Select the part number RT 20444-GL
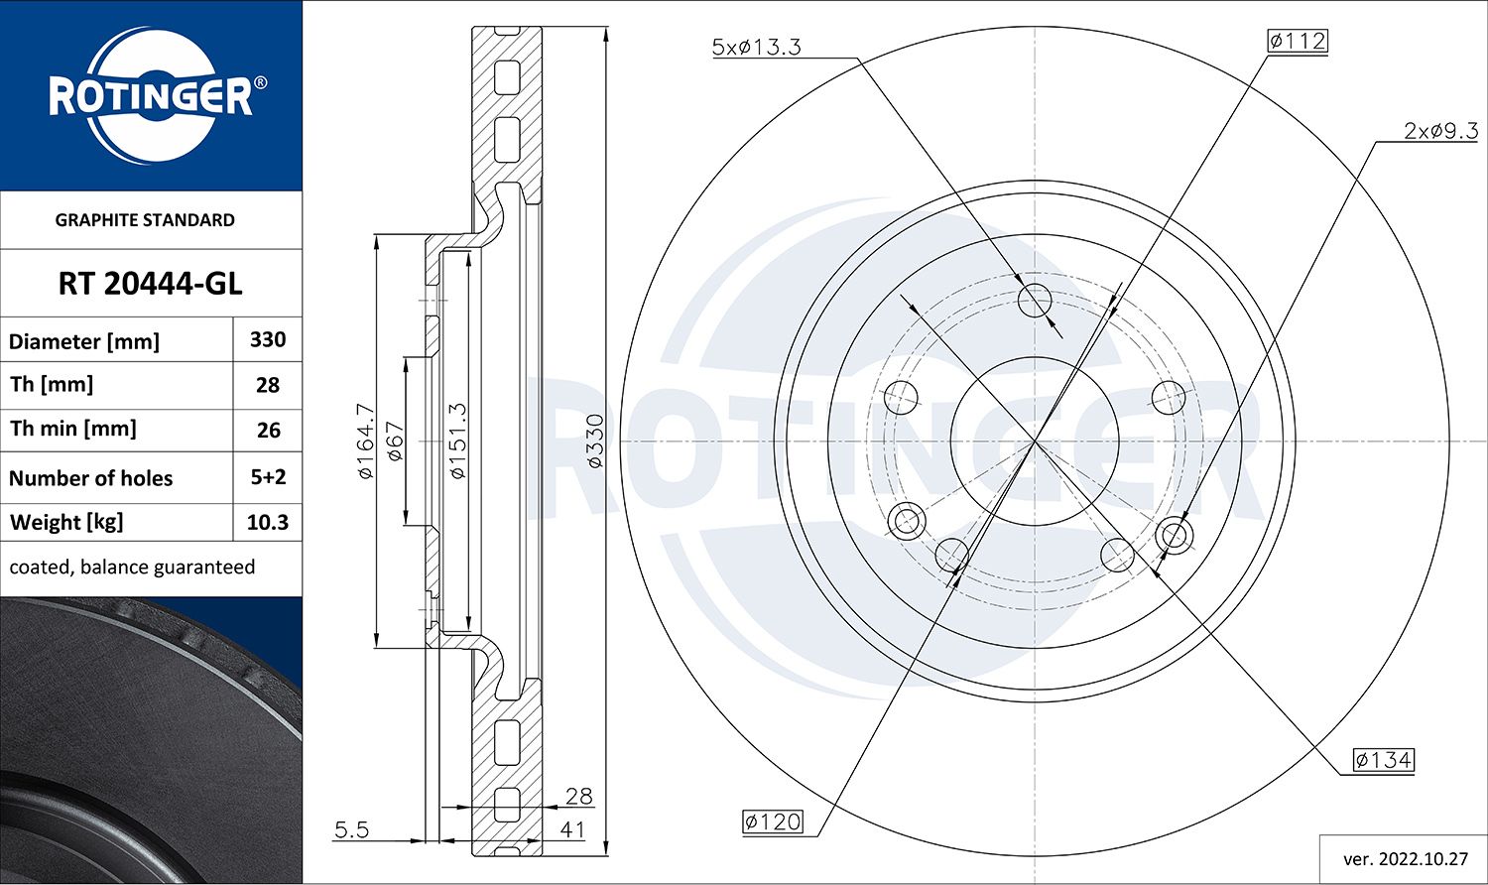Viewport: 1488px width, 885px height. pyautogui.click(x=150, y=284)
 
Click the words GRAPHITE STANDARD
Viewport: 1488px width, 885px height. pyautogui.click(x=145, y=220)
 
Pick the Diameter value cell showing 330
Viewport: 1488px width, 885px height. pyautogui.click(x=268, y=340)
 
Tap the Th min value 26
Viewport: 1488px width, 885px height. pyautogui.click(x=268, y=431)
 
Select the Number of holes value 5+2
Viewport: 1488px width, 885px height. pyautogui.click(x=268, y=477)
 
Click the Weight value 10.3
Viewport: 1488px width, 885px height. pyautogui.click(x=268, y=523)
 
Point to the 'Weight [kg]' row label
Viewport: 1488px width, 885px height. pyautogui.click(x=66, y=523)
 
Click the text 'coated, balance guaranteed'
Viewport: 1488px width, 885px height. pyautogui.click(x=132, y=568)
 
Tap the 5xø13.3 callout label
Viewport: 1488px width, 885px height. pyautogui.click(x=756, y=47)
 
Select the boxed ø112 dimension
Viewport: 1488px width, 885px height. pyautogui.click(x=1297, y=41)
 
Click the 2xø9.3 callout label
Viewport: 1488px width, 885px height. pyautogui.click(x=1440, y=131)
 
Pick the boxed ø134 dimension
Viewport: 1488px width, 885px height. pyautogui.click(x=1383, y=760)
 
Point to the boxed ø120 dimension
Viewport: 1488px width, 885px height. pyautogui.click(x=772, y=822)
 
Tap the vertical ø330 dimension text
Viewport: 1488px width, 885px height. pyautogui.click(x=594, y=442)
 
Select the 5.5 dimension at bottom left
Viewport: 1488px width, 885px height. pyautogui.click(x=351, y=829)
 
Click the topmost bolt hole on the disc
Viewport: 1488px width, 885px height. pyautogui.click(x=1035, y=299)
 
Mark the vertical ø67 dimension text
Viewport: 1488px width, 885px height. pyautogui.click(x=395, y=442)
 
